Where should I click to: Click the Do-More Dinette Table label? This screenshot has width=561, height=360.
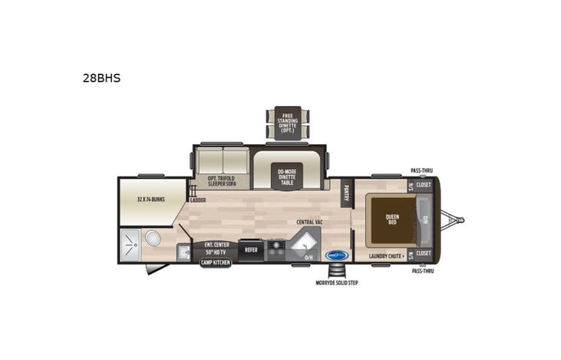(x=287, y=175)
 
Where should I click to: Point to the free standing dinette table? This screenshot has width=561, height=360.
(x=288, y=121)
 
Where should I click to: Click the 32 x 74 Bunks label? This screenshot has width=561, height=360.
(x=150, y=200)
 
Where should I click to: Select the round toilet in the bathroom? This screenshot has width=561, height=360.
(x=153, y=237)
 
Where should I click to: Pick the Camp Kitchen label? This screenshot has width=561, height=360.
(x=216, y=262)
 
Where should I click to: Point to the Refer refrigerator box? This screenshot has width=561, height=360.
(x=251, y=249)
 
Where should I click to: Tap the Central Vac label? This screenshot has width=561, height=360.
(x=309, y=222)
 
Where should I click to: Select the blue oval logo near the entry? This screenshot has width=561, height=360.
(x=337, y=255)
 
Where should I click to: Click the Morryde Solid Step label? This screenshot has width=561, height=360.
(x=337, y=282)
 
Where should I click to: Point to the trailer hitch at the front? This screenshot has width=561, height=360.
(x=457, y=220)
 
